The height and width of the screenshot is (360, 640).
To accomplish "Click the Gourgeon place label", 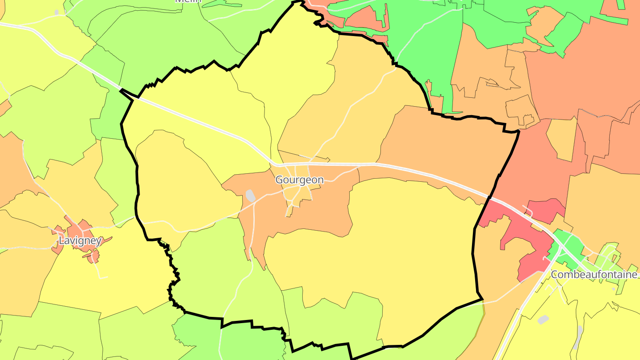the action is [299, 180].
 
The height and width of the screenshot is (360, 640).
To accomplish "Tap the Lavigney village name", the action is [80, 241].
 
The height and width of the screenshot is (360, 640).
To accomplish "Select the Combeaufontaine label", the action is [594, 275].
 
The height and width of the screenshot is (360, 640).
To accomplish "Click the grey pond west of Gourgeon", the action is [251, 196].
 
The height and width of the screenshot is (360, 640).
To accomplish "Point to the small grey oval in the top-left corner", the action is [56, 12].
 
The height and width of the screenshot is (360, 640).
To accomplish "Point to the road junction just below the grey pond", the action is [254, 206].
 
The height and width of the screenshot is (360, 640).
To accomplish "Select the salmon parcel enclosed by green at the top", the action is [364, 18].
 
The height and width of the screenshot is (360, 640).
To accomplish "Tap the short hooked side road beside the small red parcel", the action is [528, 209].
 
